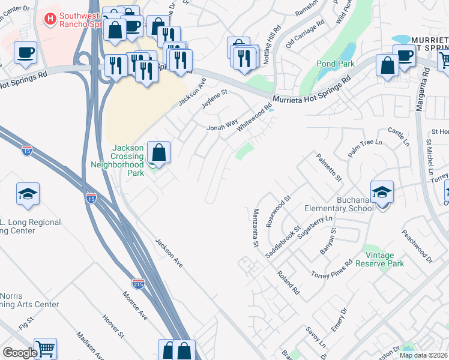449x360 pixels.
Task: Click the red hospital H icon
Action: (51, 19)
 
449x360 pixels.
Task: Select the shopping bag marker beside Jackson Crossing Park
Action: (159, 152)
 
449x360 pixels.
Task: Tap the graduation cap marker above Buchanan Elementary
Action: (382, 192)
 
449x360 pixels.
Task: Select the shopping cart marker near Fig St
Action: (45, 349)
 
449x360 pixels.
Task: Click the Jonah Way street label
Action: (223, 127)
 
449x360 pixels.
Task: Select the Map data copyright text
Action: (423, 355)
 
